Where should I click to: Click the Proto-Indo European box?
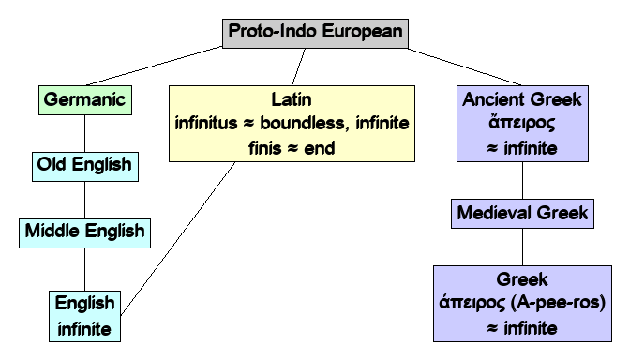(315, 32)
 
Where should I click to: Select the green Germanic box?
(84, 98)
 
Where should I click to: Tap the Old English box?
(84, 167)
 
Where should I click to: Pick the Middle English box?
(84, 230)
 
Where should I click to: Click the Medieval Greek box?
(522, 214)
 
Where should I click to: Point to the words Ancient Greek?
(522, 97)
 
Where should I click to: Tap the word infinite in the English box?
(84, 328)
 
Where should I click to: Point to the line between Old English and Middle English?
(84, 198)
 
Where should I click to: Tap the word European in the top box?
(362, 32)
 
